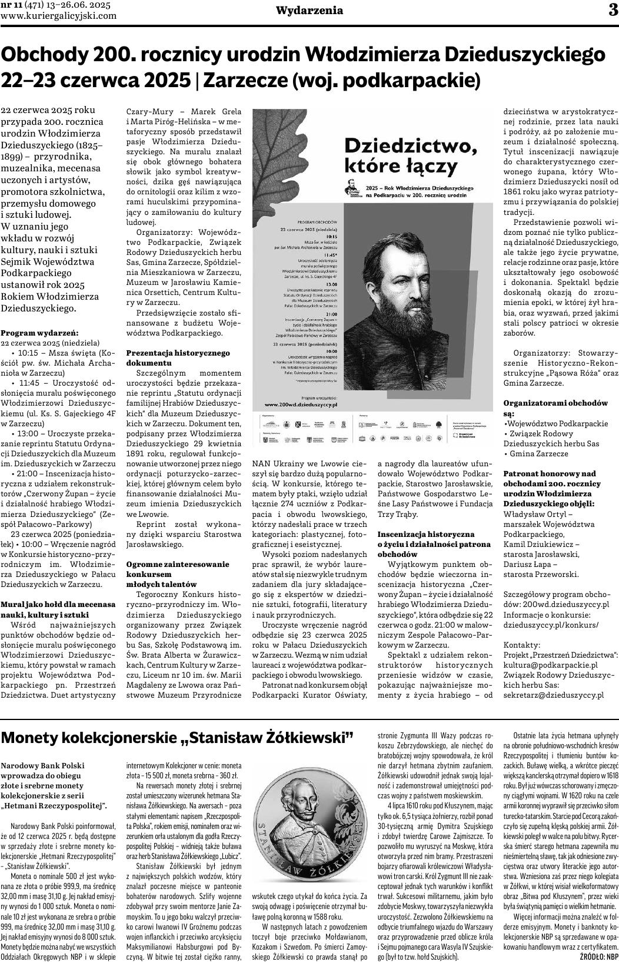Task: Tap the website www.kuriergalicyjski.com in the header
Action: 59,16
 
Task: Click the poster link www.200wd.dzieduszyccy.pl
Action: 301,405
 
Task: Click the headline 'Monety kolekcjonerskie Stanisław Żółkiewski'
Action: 177,738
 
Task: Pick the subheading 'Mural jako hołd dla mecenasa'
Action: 59,605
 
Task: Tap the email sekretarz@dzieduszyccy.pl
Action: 554,695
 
